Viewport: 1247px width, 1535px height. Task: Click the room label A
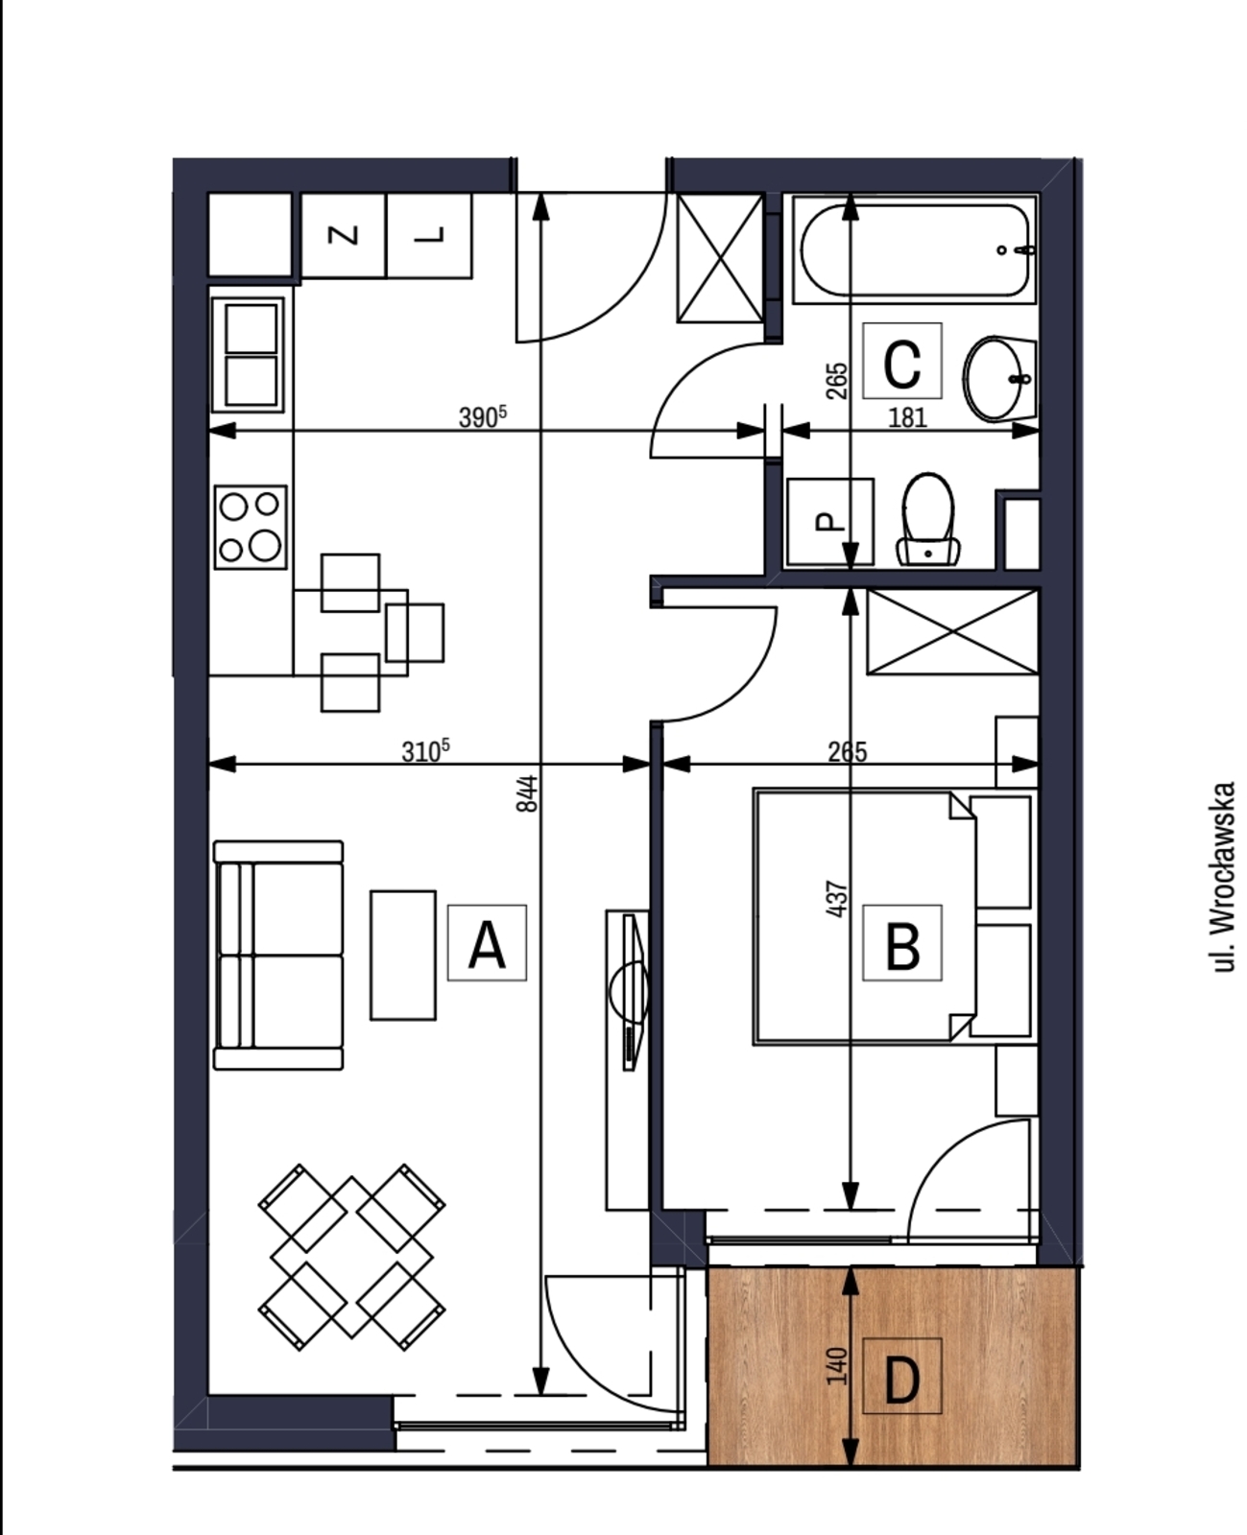click(x=487, y=943)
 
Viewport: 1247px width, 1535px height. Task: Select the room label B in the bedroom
click(x=902, y=943)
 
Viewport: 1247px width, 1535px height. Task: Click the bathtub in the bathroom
click(x=915, y=250)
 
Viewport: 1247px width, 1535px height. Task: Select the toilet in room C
click(x=928, y=519)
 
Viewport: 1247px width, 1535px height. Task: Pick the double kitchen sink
click(x=251, y=355)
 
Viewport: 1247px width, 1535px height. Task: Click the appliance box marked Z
click(x=344, y=236)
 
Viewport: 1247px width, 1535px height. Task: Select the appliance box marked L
click(x=430, y=236)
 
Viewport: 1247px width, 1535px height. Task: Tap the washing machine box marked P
click(x=829, y=522)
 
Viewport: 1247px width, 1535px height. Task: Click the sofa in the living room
click(x=278, y=955)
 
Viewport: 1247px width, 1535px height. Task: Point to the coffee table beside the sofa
click(x=403, y=955)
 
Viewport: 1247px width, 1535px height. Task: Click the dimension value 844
click(x=528, y=793)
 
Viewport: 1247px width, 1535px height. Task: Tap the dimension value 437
click(x=837, y=899)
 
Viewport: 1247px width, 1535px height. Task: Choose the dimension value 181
click(x=907, y=418)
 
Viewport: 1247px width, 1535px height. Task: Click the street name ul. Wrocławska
click(x=1225, y=877)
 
